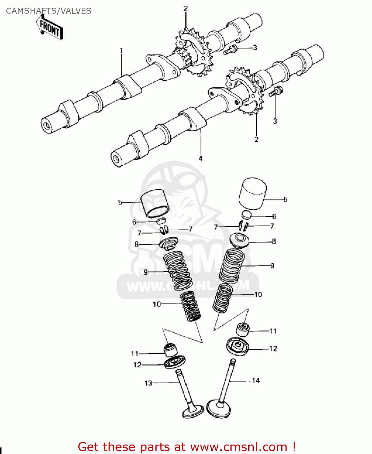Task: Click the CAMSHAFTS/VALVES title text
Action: click(48, 11)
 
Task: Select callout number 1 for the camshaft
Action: click(121, 51)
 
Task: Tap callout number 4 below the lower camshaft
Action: click(200, 158)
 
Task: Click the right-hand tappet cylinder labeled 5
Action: click(253, 194)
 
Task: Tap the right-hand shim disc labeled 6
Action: click(246, 215)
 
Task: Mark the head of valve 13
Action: click(194, 412)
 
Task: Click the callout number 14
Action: click(256, 380)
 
